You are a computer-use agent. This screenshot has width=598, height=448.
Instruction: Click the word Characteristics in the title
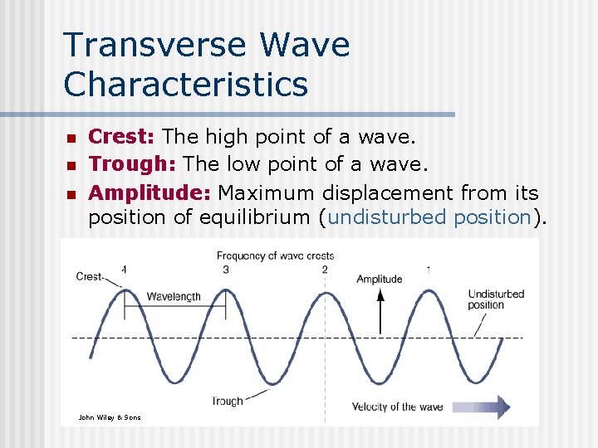[x=186, y=84]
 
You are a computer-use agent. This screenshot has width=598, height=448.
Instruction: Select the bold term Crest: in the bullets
[x=122, y=135]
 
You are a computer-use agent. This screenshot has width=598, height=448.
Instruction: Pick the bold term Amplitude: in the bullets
[x=149, y=193]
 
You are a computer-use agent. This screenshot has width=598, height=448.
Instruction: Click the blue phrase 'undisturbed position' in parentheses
[x=429, y=217]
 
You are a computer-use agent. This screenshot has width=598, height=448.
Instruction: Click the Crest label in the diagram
[x=89, y=276]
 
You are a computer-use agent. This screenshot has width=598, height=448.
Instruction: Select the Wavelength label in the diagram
[x=174, y=296]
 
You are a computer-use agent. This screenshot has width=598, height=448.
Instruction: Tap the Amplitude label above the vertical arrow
[x=379, y=279]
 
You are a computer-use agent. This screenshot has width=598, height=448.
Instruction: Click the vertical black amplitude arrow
[x=380, y=312]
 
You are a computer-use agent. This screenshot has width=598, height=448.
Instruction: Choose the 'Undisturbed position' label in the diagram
[x=496, y=299]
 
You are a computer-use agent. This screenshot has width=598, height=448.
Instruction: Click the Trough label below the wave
[x=227, y=401]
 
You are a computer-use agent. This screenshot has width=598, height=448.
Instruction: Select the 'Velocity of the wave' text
[x=397, y=407]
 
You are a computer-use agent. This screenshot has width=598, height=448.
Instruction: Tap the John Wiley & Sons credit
[x=109, y=417]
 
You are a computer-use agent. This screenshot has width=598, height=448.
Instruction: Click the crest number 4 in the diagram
[x=124, y=269]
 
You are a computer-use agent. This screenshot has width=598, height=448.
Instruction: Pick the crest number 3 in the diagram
[x=225, y=269]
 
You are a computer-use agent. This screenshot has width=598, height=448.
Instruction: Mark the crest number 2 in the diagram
[x=325, y=269]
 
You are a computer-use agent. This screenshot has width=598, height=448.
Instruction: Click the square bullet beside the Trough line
[x=71, y=166]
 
